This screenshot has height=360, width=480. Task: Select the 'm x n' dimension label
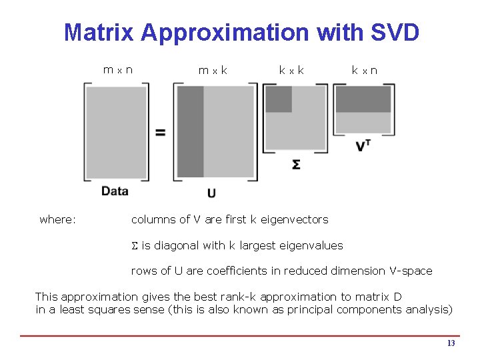click(x=117, y=69)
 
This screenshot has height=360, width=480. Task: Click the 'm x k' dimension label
click(x=213, y=69)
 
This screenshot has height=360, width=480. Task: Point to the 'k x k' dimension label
click(x=291, y=69)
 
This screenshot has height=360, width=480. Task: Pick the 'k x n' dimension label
click(x=365, y=69)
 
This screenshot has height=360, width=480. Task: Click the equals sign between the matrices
click(x=161, y=132)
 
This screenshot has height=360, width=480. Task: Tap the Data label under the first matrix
click(x=115, y=191)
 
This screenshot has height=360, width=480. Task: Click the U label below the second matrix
click(x=211, y=193)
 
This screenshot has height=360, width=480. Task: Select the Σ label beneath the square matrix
click(x=296, y=163)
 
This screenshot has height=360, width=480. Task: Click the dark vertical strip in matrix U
click(x=191, y=131)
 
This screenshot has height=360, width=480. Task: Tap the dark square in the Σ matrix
click(x=279, y=99)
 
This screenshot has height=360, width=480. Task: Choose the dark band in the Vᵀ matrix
click(x=363, y=99)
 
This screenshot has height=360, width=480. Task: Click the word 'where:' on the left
click(x=57, y=219)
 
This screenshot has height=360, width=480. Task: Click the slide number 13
click(x=451, y=343)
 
